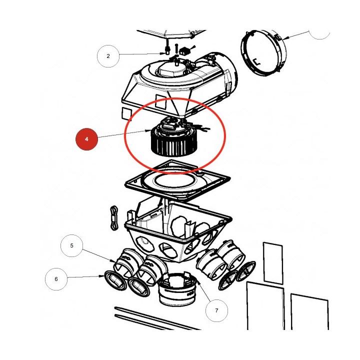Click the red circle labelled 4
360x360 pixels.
[x=86, y=139]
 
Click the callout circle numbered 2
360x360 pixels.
[x=108, y=56]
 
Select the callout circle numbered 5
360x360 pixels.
[x=71, y=245]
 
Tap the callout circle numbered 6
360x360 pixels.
[x=56, y=279]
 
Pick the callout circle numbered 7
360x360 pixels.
[x=216, y=310]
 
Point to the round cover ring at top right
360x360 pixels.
[x=263, y=53]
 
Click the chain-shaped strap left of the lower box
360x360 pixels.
[x=114, y=217]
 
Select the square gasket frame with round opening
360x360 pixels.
[x=177, y=181]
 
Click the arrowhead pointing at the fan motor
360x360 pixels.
[x=148, y=131]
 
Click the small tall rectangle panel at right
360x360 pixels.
[x=273, y=263]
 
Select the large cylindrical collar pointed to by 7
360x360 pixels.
[x=177, y=289]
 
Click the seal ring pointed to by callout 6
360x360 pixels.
[x=115, y=281]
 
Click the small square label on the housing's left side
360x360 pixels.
[x=126, y=114]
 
